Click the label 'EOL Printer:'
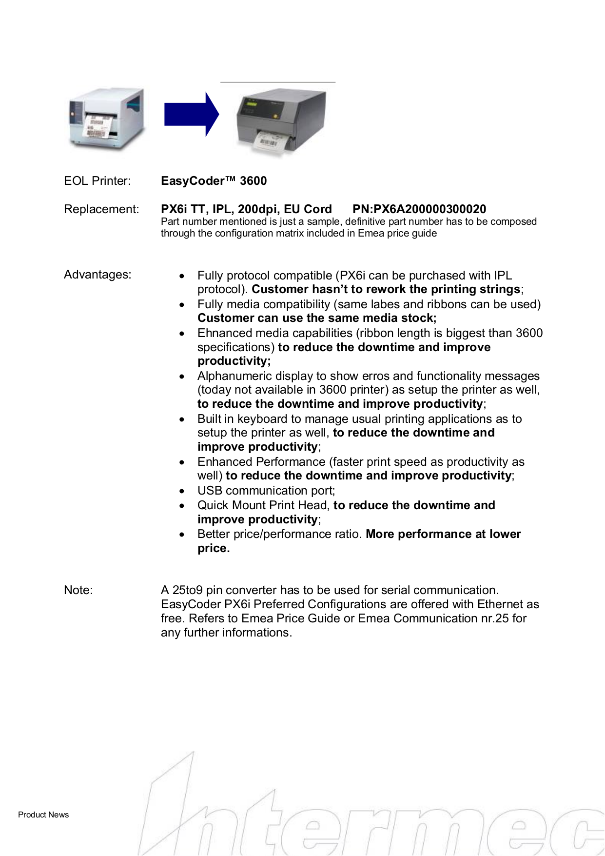click(x=98, y=181)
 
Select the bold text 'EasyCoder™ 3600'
click(x=214, y=181)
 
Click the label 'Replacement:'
click(x=101, y=209)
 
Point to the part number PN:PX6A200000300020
click(x=419, y=209)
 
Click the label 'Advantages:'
click(x=98, y=275)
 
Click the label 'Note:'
click(x=78, y=590)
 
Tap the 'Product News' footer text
click(x=43, y=815)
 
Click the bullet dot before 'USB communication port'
click(x=182, y=492)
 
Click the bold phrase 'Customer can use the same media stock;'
click(x=317, y=318)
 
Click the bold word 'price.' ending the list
click(x=214, y=548)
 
